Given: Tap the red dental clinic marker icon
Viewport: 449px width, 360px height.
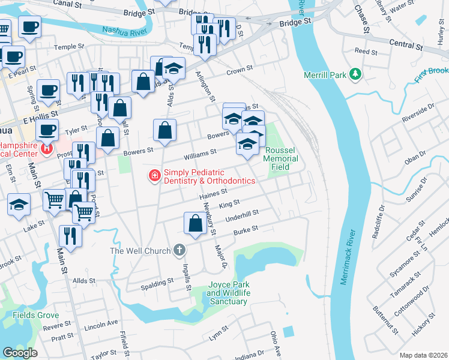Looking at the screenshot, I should (154, 176).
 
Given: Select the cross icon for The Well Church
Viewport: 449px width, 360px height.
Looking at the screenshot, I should (178, 250).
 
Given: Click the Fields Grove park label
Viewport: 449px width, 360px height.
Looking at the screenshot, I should (36, 315).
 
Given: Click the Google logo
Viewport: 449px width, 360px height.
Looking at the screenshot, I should (20, 353).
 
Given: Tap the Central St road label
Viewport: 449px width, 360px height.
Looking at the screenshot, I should (406, 44).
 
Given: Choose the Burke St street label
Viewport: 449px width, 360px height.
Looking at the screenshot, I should (246, 229).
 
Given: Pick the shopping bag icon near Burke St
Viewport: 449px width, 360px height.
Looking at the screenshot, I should (195, 223).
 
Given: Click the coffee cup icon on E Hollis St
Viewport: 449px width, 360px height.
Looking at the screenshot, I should (48, 91).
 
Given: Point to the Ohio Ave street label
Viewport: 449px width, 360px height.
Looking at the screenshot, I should (276, 341).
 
